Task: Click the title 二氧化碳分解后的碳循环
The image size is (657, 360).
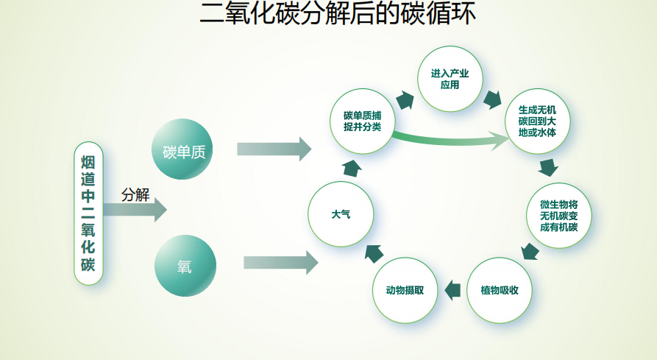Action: [338, 13]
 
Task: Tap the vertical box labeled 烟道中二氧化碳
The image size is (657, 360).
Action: [88, 213]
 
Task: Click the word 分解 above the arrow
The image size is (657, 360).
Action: [135, 195]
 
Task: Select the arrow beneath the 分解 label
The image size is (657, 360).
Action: [135, 210]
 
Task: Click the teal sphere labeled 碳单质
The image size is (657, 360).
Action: [182, 149]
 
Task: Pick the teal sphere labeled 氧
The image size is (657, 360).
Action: [185, 266]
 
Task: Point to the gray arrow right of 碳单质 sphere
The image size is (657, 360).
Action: [274, 149]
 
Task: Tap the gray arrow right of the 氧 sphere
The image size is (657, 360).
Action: [281, 263]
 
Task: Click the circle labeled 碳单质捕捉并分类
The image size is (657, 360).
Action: [363, 121]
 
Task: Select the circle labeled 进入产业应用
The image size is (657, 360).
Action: [450, 79]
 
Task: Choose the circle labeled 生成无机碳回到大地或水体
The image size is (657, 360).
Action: [537, 121]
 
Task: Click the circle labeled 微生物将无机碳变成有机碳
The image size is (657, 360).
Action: [558, 216]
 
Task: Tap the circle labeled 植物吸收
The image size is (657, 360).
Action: [500, 290]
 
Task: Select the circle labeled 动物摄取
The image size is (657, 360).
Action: [405, 290]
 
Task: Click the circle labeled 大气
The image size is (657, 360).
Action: [341, 214]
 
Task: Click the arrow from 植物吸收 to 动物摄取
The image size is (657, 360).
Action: [452, 290]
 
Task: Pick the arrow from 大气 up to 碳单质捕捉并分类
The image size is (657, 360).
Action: [352, 168]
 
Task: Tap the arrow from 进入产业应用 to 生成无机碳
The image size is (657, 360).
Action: [492, 99]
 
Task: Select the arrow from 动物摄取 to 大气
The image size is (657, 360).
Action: [374, 253]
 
